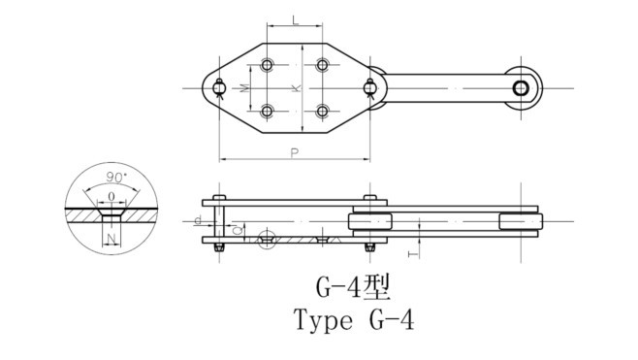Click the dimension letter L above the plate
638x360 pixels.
click(x=295, y=20)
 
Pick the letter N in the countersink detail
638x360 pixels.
click(x=113, y=237)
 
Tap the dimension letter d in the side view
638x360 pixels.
click(x=198, y=221)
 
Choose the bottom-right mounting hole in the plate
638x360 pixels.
click(x=322, y=112)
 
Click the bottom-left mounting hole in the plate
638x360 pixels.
click(x=268, y=112)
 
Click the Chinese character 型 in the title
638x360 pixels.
click(x=377, y=288)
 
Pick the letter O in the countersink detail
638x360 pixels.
click(x=114, y=196)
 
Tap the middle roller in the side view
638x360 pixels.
click(x=370, y=222)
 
